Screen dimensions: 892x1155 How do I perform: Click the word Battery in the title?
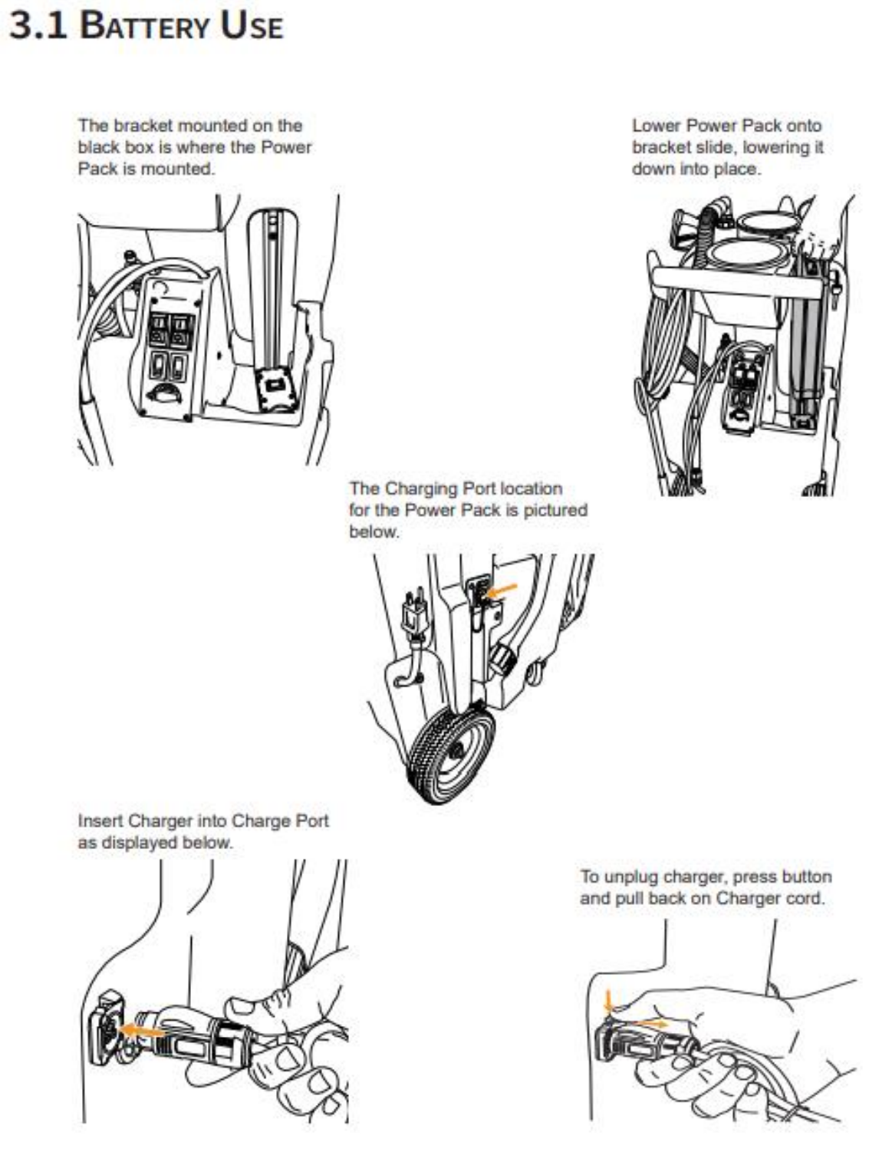144,25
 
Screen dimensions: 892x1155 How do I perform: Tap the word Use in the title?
252,25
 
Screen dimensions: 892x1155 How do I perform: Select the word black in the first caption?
97,147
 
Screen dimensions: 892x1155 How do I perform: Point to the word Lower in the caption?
656,126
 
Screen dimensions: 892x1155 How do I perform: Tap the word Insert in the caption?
100,821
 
